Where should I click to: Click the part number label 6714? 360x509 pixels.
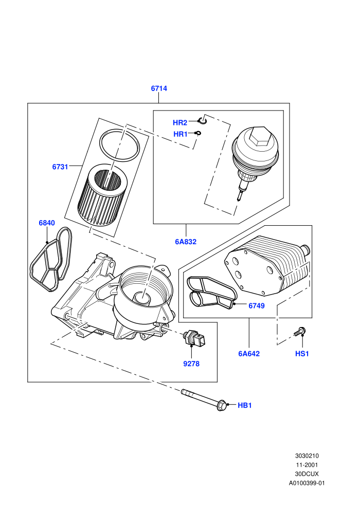(159, 88)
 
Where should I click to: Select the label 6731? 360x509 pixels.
(60, 167)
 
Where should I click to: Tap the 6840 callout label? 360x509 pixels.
(47, 223)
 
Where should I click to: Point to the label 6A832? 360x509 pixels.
(186, 242)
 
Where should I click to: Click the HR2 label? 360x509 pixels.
(180, 123)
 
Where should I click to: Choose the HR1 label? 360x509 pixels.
(180, 134)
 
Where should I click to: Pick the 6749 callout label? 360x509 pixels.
(257, 306)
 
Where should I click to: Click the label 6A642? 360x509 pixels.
(249, 354)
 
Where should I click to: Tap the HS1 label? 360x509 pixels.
(302, 354)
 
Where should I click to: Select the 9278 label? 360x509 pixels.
(191, 364)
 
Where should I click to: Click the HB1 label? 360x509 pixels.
(245, 405)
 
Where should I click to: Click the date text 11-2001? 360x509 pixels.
(307, 465)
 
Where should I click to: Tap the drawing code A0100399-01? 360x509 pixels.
(307, 483)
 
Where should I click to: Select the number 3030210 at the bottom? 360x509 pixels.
(307, 456)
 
